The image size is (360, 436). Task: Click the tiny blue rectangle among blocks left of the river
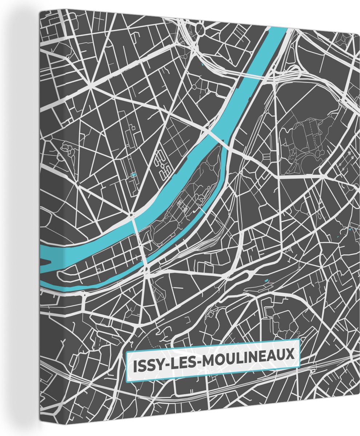tap(133, 175)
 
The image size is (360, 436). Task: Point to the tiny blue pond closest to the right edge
tap(350, 229)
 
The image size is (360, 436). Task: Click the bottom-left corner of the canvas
tap(41, 421)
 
